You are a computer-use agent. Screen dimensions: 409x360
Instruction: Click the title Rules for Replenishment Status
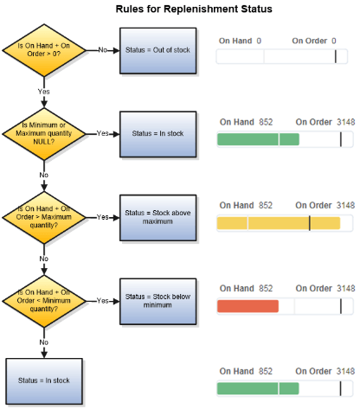pyautogui.click(x=194, y=10)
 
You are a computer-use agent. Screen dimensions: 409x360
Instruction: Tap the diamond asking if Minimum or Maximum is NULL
pyautogui.click(x=43, y=134)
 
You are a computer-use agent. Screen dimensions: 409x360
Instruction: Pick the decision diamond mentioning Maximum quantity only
pyautogui.click(x=43, y=216)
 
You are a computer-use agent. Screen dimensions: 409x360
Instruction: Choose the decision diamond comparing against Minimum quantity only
pyautogui.click(x=43, y=300)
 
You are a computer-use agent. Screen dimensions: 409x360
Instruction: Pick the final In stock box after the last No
pyautogui.click(x=43, y=380)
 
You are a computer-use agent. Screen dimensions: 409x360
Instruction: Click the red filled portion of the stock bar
pyautogui.click(x=247, y=306)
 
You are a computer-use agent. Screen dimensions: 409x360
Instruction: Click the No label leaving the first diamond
pyautogui.click(x=103, y=50)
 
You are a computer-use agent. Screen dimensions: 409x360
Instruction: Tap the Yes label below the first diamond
pyautogui.click(x=43, y=91)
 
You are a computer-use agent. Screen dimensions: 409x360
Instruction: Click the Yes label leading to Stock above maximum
pyautogui.click(x=103, y=216)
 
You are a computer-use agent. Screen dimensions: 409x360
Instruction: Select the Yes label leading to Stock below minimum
pyautogui.click(x=103, y=300)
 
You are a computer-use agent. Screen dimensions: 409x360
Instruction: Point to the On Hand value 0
pyautogui.click(x=259, y=41)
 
